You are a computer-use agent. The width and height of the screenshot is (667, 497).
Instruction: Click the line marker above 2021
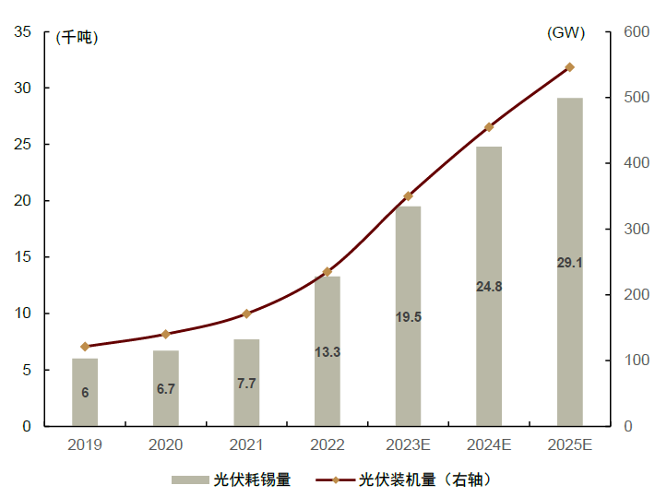[246, 314]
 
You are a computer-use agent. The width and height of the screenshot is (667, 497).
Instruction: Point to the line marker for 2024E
[489, 127]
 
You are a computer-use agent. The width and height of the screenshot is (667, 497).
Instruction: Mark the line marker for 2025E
[569, 67]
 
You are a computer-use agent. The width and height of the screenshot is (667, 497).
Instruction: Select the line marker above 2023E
[408, 196]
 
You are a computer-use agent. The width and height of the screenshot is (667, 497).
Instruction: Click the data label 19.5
[408, 316]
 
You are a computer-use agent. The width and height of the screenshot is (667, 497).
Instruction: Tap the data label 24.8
[489, 287]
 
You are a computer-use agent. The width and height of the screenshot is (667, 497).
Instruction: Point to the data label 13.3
[328, 351]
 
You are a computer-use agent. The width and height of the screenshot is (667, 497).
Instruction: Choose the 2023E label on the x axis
[408, 444]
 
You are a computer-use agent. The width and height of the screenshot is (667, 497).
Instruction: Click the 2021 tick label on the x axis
[246, 444]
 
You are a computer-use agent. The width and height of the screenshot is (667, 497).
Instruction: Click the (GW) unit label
[566, 33]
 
